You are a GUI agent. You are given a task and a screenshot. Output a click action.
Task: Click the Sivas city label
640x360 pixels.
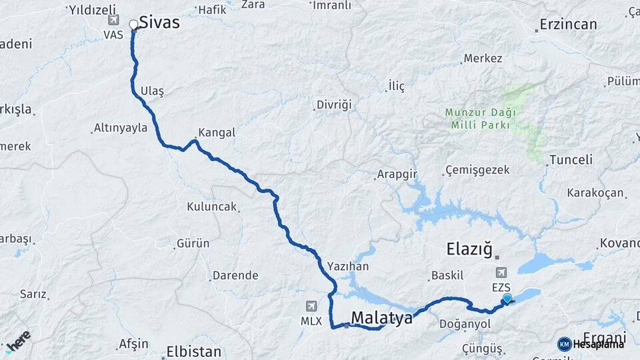159,23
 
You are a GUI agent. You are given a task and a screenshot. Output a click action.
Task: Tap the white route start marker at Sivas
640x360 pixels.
133,25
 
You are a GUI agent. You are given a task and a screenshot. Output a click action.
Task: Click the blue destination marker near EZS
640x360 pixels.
507,299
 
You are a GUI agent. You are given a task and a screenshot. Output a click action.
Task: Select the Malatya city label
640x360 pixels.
382,318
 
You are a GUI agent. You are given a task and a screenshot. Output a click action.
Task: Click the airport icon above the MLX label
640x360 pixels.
311,306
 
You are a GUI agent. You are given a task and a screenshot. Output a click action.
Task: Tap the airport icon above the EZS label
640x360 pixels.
501,272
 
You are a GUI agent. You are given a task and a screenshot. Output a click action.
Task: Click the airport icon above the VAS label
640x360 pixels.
113,20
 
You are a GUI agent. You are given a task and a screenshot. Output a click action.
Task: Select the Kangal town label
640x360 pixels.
217,133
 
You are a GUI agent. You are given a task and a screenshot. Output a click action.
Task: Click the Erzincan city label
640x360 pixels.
569,25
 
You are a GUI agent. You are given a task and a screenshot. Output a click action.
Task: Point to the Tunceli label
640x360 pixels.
570,159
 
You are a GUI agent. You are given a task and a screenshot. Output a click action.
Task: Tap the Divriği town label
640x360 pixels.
333,105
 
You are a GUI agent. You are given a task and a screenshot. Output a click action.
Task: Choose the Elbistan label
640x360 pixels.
193,351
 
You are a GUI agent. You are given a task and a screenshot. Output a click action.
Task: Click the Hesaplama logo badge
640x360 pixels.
591,344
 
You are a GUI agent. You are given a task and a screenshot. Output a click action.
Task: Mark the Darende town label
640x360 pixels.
235,275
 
